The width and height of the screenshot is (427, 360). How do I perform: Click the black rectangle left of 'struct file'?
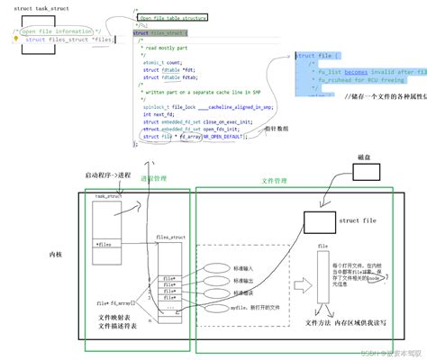pyautogui.click(x=319, y=220)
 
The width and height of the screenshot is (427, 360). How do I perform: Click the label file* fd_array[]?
pyautogui.click(x=115, y=303)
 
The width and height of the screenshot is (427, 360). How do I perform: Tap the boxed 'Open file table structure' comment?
pyautogui.click(x=172, y=16)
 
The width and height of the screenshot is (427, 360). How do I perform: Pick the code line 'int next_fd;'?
pyautogui.click(x=160, y=115)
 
